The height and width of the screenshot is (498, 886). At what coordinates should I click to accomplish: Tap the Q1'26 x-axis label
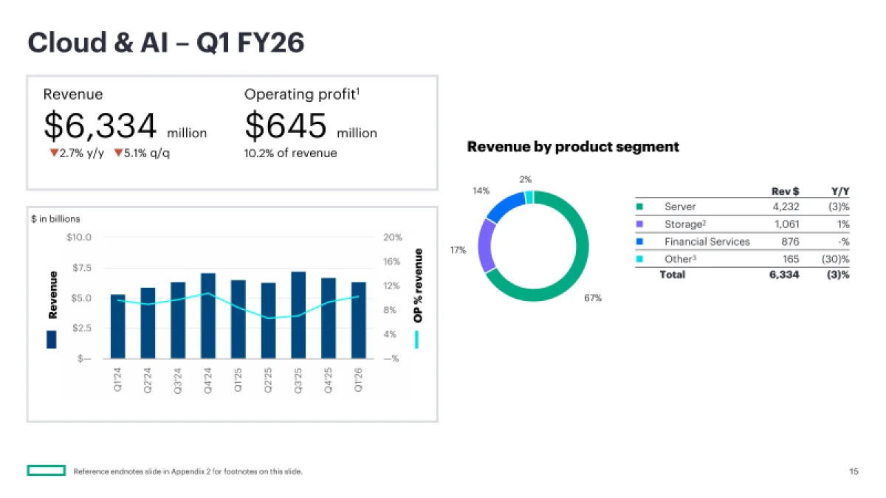coord(359,381)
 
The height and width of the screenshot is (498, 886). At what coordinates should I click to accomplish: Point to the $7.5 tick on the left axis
coord(81,268)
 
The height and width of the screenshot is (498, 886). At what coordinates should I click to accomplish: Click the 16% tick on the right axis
coord(392,262)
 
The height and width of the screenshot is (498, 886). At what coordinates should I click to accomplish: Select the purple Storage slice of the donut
coord(486,246)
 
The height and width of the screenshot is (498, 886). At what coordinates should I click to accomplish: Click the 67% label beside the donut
coord(593,298)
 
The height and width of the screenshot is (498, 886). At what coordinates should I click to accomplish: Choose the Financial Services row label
coord(707,241)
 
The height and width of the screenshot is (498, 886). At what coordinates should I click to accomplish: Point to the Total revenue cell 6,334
coord(783,275)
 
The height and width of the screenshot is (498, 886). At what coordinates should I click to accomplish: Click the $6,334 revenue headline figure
coord(100,126)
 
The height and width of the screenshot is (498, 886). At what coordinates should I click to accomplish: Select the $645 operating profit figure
coord(286,126)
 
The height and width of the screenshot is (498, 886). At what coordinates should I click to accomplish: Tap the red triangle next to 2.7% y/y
coord(53,153)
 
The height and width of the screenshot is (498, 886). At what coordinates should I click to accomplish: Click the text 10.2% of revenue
coord(290,153)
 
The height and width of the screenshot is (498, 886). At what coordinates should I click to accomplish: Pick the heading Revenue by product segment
coord(573,147)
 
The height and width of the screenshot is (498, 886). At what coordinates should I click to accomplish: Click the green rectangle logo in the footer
coord(47,471)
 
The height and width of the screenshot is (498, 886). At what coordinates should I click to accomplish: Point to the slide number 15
coord(854,471)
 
